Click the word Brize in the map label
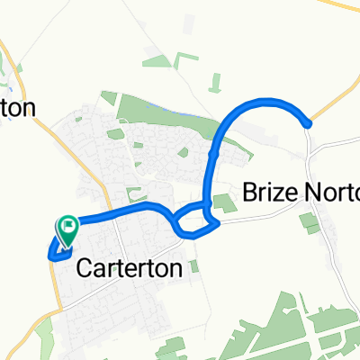point(268,192)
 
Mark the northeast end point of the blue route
point(309,123)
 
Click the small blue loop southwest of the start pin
point(54,250)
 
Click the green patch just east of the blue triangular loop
point(228,206)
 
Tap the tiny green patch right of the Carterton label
point(193,265)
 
